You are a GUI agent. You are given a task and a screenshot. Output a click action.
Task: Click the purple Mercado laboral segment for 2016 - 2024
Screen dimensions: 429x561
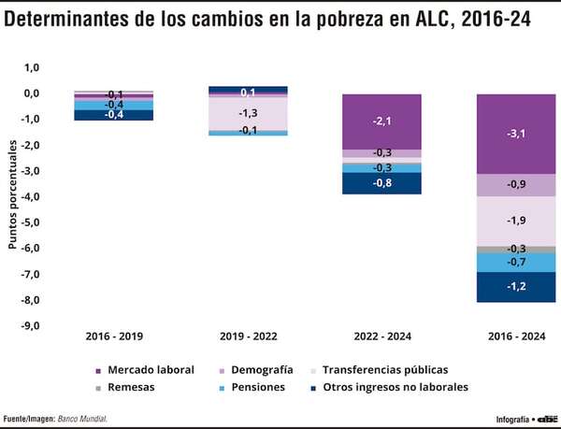coord(516,134)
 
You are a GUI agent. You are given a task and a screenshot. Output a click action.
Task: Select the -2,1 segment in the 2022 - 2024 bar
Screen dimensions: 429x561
coord(381,122)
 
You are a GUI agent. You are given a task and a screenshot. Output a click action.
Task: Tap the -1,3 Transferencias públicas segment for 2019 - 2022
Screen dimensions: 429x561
coord(248,113)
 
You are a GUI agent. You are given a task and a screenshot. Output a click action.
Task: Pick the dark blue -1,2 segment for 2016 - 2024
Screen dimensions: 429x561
coord(516,287)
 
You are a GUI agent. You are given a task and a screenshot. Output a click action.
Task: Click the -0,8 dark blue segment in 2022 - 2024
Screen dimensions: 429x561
coord(381,183)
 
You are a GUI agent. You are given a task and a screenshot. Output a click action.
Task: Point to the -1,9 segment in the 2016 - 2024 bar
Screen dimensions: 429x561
coord(516,221)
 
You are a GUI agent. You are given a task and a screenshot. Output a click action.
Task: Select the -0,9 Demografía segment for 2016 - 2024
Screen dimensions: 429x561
coord(516,185)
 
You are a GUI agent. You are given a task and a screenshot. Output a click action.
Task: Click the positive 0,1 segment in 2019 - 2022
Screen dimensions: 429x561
coord(248,91)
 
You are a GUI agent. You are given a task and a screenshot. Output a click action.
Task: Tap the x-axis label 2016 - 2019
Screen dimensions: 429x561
coord(114,336)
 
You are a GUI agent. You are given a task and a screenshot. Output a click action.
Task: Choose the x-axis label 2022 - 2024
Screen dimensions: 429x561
coord(381,336)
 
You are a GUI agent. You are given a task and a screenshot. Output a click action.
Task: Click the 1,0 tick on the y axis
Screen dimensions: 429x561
coord(31,67)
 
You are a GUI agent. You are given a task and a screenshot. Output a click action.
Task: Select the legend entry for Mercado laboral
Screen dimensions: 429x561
coord(144,370)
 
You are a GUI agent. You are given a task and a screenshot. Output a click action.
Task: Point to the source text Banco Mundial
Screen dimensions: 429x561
coord(82,418)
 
